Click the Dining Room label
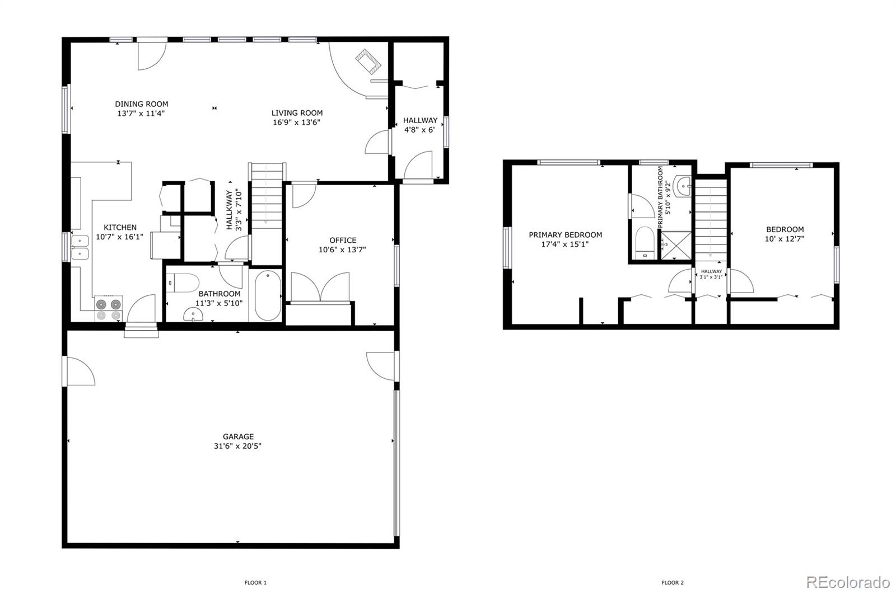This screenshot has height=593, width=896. [x=142, y=104]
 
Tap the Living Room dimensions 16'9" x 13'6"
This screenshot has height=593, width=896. [x=297, y=123]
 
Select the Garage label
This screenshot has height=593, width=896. [x=239, y=436]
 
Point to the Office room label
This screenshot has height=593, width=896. [x=343, y=241]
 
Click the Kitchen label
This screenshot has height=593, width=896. [x=120, y=227]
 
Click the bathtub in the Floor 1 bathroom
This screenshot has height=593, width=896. [x=267, y=295]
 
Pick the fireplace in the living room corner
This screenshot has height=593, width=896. [x=370, y=61]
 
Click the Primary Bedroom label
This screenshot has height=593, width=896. [x=566, y=235]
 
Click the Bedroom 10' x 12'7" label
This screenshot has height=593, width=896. [x=785, y=229]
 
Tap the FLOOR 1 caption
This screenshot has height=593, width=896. [x=255, y=582]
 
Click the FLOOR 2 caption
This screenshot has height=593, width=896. [x=672, y=582]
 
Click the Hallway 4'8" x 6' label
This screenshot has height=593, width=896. [x=420, y=120]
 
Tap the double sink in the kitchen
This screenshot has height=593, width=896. [x=80, y=247]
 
